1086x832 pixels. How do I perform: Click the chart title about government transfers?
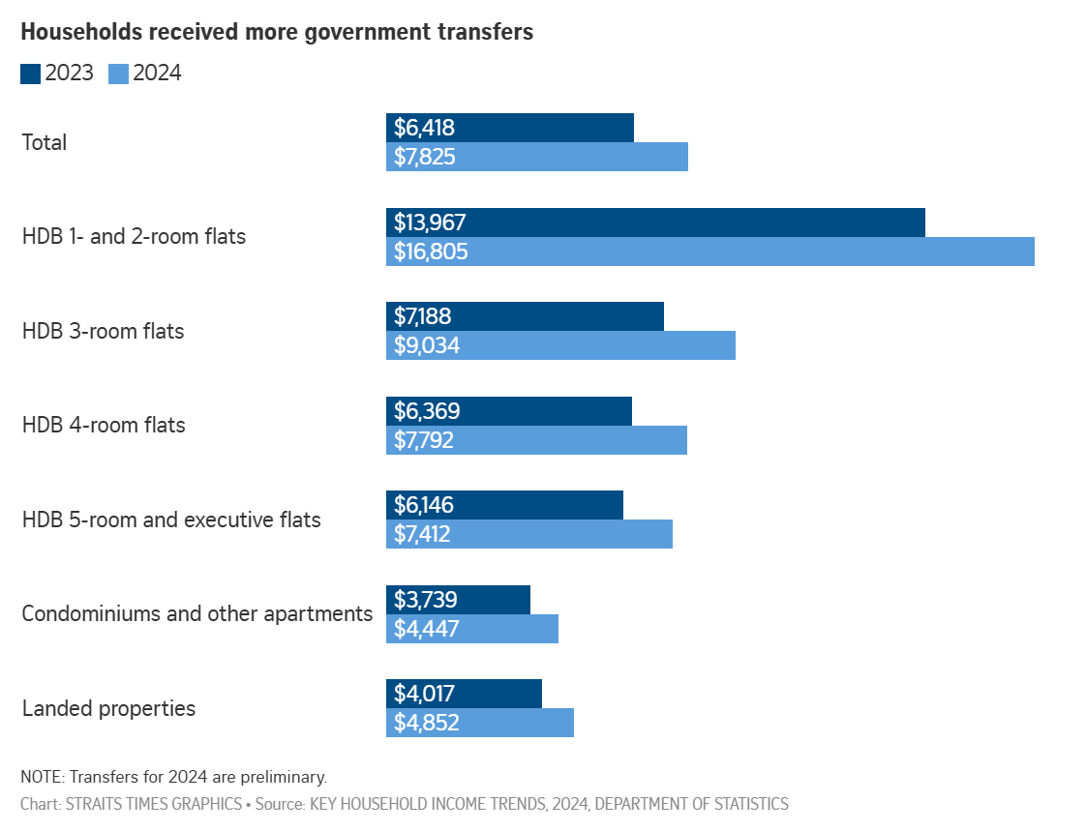point(277,31)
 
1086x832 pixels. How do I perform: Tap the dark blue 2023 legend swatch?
point(30,74)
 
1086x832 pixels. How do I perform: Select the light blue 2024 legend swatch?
point(118,74)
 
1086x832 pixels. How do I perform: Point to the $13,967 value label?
point(431,223)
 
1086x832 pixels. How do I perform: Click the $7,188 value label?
point(423,316)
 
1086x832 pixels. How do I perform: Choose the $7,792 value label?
point(424,440)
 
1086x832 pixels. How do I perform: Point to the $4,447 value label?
point(424,629)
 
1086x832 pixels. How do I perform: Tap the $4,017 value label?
point(424,694)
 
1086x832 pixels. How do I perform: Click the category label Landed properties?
point(108,708)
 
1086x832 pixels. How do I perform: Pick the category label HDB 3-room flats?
point(103,331)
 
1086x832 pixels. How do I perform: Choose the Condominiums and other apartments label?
point(197,613)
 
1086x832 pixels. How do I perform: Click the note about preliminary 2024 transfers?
point(174,776)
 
